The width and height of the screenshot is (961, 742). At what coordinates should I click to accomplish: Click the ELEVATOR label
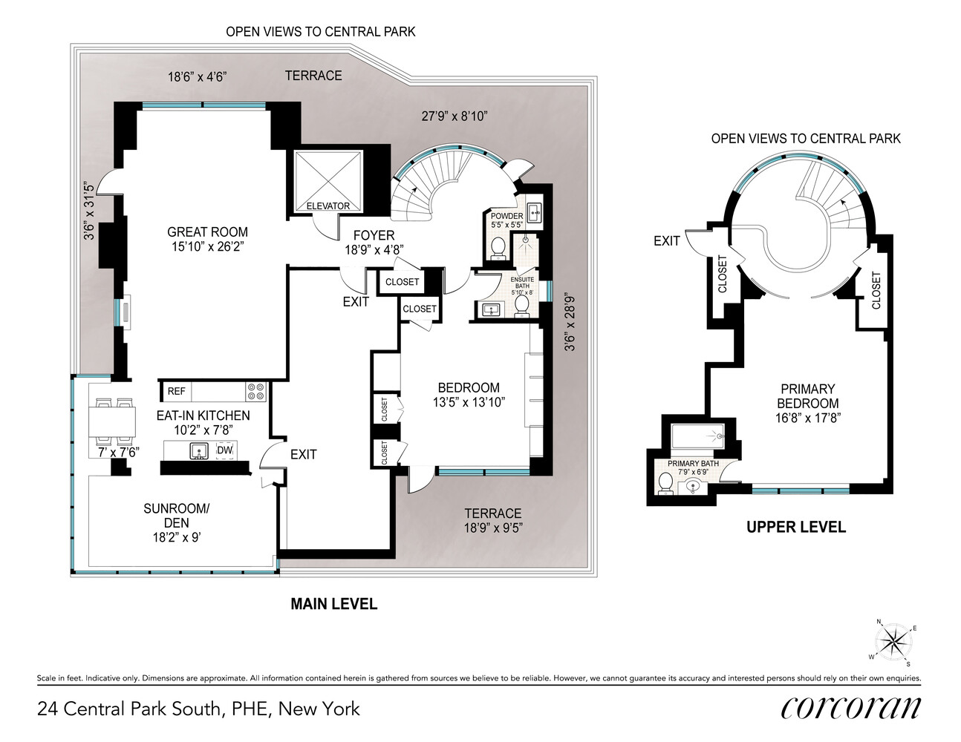pos(328,206)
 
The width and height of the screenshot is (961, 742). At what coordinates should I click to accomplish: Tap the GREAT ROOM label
pos(207,232)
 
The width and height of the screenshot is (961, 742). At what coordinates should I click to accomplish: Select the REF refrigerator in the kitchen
pos(176,391)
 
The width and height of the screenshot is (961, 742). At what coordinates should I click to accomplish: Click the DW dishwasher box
pos(224,450)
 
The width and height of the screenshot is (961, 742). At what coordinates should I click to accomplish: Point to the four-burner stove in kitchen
pos(255,391)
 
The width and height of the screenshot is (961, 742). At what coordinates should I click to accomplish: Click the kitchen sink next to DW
pos(199,450)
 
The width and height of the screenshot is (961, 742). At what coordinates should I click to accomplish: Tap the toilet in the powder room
pos(498,247)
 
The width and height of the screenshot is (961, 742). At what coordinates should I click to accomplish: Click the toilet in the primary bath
pos(665,483)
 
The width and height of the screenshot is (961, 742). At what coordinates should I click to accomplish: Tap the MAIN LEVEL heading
pos(333,604)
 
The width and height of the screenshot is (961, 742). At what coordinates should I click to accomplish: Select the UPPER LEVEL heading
pos(795,528)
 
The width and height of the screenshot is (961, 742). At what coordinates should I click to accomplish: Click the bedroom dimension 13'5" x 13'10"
pos(469,402)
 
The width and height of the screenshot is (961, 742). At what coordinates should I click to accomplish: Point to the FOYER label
pos(374,235)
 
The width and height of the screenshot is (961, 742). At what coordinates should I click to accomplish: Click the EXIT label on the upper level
pos(666,240)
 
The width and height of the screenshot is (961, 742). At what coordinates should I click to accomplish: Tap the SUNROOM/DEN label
pos(177,516)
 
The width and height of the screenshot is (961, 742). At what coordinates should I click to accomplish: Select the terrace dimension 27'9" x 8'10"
pos(454,116)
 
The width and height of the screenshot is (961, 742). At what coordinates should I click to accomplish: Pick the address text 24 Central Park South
pos(198,709)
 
